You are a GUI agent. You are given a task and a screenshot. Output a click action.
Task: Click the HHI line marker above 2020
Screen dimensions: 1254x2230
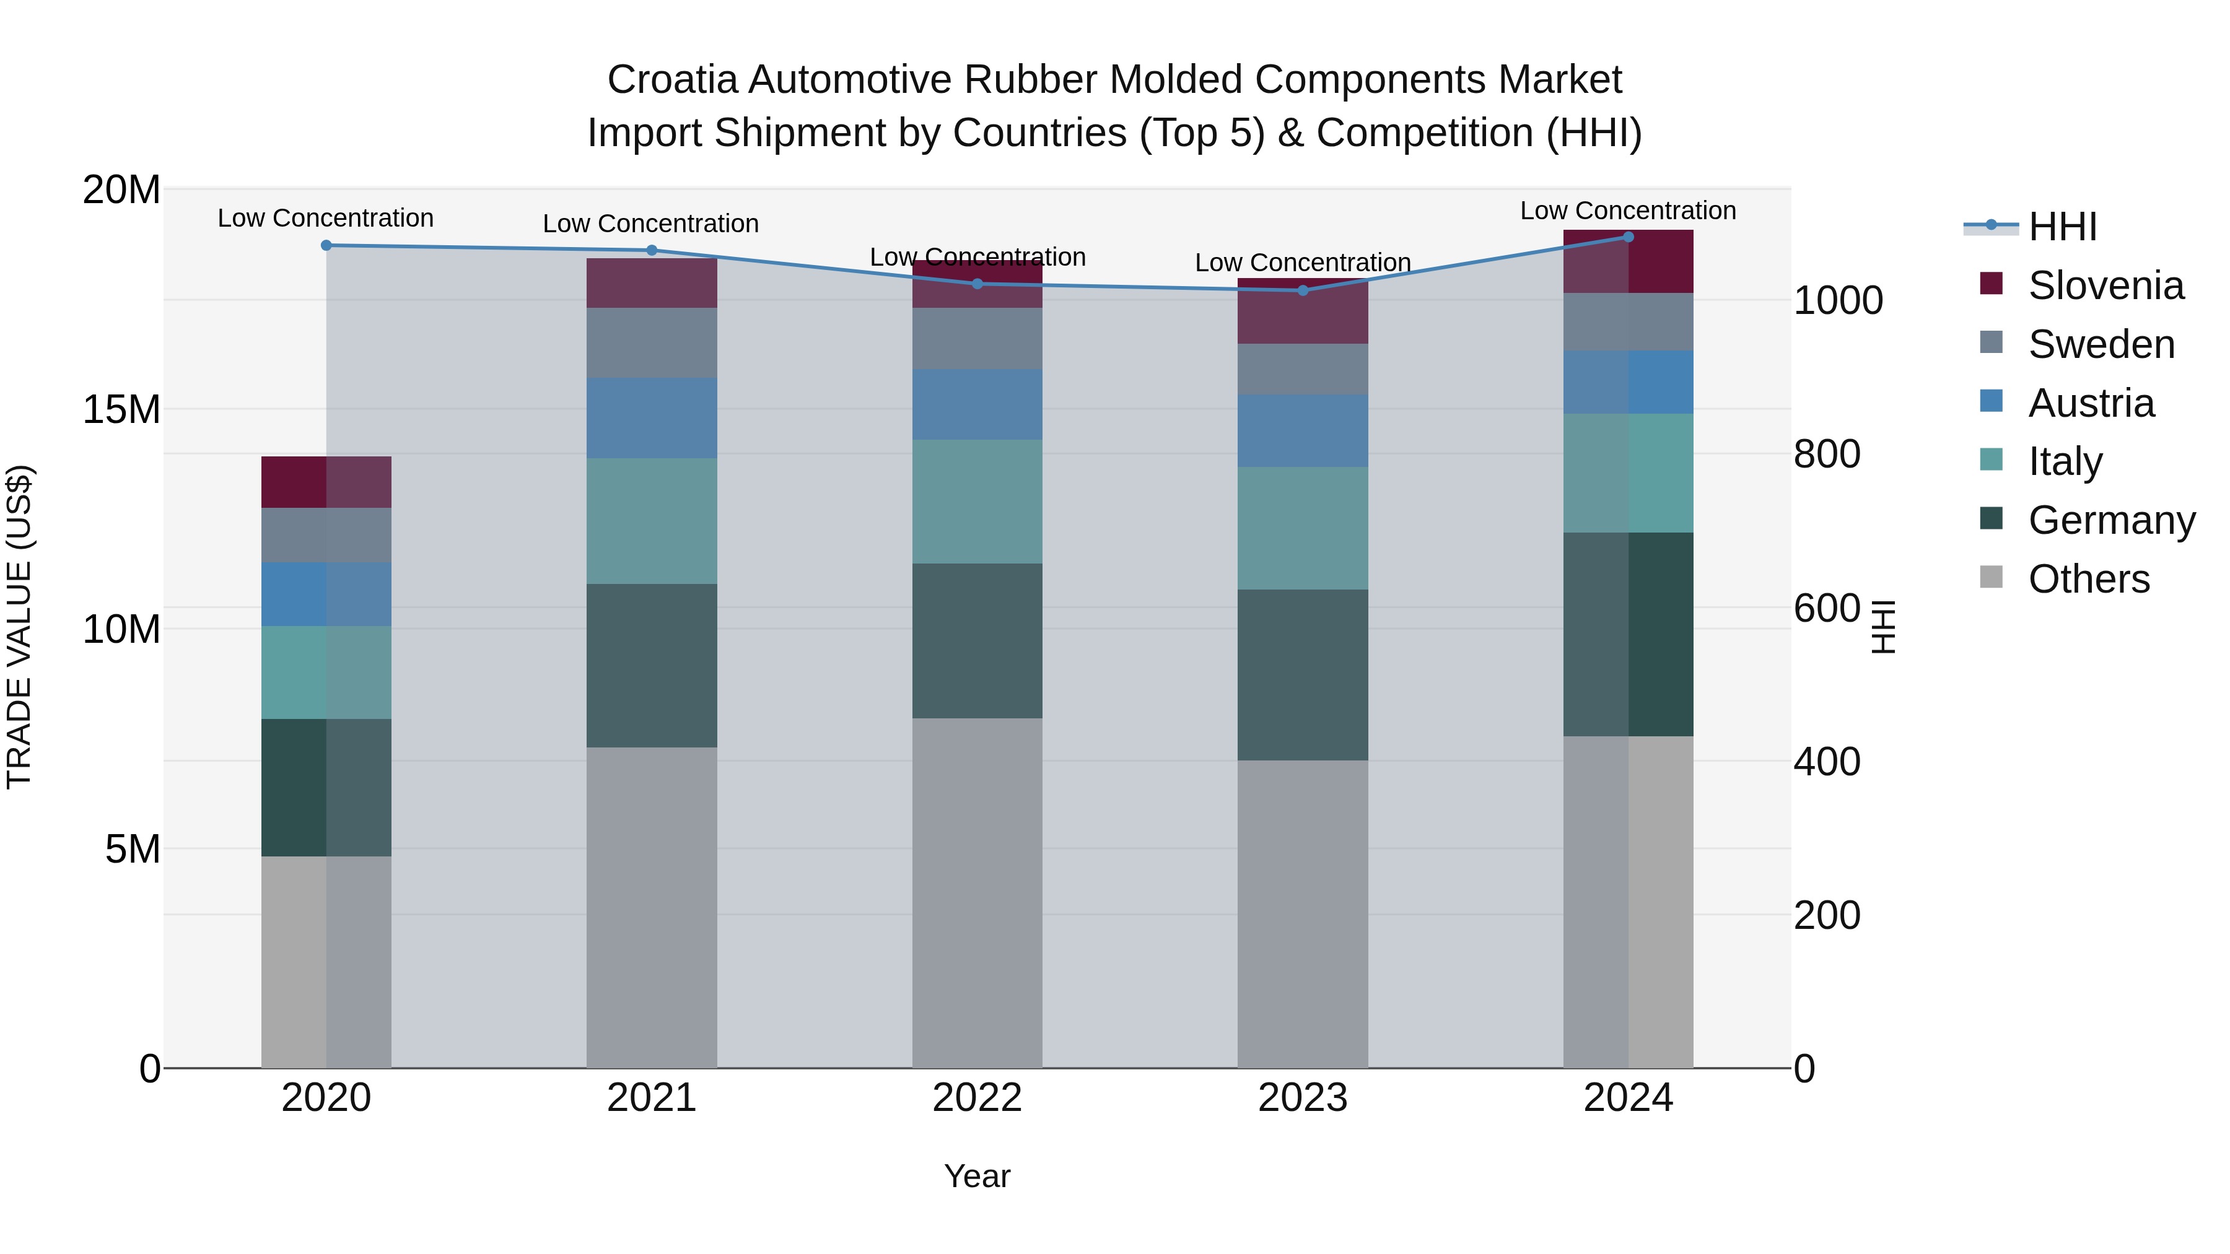326,246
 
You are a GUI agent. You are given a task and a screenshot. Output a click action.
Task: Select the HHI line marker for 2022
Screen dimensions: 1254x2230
977,284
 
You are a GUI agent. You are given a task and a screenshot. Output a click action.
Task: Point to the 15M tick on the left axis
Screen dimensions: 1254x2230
121,409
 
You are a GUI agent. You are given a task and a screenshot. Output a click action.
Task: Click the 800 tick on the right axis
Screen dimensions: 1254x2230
1827,455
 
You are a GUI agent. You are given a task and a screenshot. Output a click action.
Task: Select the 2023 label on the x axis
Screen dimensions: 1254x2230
1302,1098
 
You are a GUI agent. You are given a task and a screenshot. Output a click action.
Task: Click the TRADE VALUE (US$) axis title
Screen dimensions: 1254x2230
19,627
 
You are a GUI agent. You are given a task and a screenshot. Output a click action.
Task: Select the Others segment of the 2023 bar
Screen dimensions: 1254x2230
1302,913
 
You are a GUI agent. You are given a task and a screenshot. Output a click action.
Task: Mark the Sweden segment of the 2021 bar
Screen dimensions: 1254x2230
652,342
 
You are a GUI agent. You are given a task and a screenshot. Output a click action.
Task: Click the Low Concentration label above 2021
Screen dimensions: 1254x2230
651,224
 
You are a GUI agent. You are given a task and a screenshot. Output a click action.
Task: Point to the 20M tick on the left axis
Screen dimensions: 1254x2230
121,189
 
